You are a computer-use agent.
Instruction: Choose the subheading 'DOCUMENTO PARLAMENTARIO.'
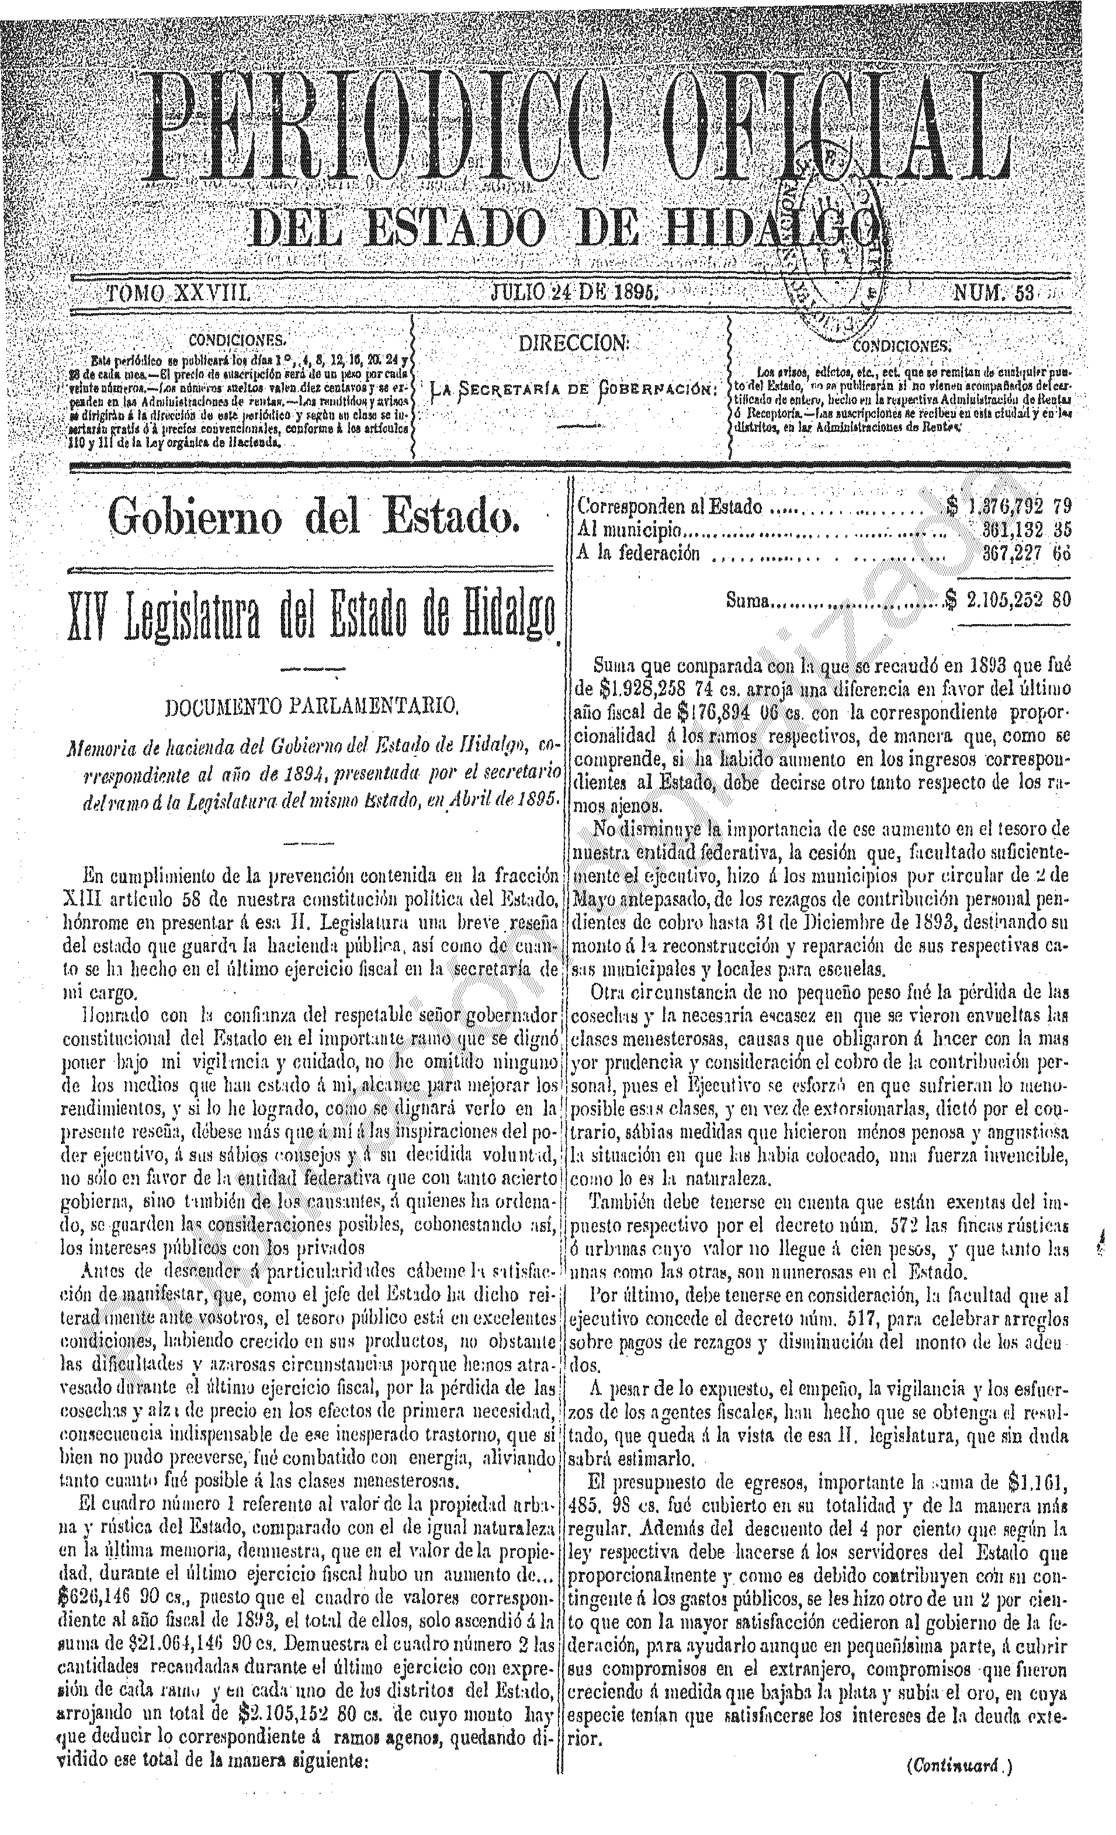pyautogui.click(x=311, y=704)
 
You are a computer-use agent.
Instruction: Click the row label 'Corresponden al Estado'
pyautogui.click(x=670, y=507)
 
